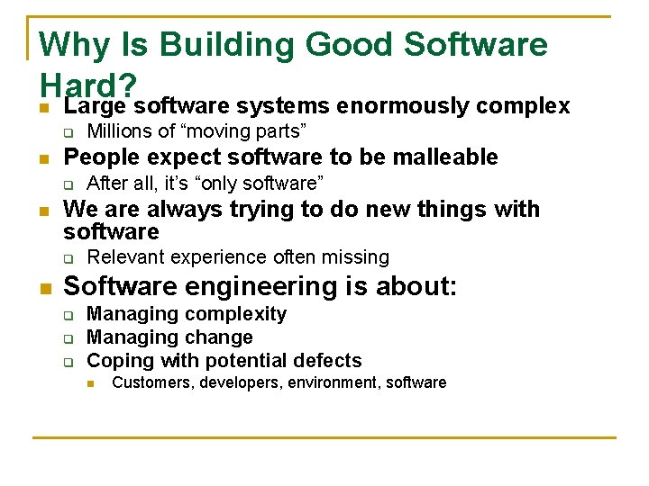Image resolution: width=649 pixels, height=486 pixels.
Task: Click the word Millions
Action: [121, 131]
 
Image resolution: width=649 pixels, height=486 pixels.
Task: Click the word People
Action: [96, 157]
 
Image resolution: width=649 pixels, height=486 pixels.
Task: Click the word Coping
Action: [120, 361]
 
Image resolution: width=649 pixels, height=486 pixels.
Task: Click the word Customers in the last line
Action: [147, 382]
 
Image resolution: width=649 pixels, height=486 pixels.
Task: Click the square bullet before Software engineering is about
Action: [44, 288]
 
